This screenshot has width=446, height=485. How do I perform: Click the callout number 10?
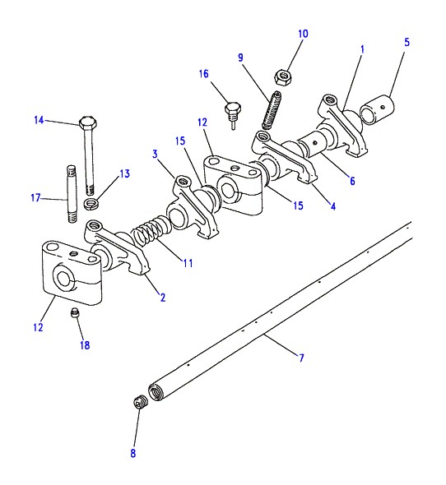(303, 34)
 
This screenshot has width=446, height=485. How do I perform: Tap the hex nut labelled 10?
(283, 77)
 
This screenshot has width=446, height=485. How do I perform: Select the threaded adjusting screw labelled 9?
(272, 110)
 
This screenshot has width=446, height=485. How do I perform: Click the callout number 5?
(407, 43)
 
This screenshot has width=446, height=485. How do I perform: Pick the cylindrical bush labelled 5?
(377, 109)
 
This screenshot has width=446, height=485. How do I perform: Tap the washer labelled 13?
(91, 204)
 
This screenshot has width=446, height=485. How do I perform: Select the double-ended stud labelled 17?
(72, 194)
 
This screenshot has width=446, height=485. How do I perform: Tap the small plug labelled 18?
(74, 312)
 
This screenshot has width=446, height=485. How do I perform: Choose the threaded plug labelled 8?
(141, 403)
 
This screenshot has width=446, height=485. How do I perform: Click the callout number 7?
(301, 358)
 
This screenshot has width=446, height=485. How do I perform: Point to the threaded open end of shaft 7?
(156, 392)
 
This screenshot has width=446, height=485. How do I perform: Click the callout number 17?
(35, 197)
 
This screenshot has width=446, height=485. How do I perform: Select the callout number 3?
(155, 154)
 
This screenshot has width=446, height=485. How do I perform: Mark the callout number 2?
(163, 298)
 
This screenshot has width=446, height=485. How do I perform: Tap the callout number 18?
(85, 345)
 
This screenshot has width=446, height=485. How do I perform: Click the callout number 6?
(352, 181)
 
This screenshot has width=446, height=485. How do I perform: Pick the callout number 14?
(39, 120)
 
